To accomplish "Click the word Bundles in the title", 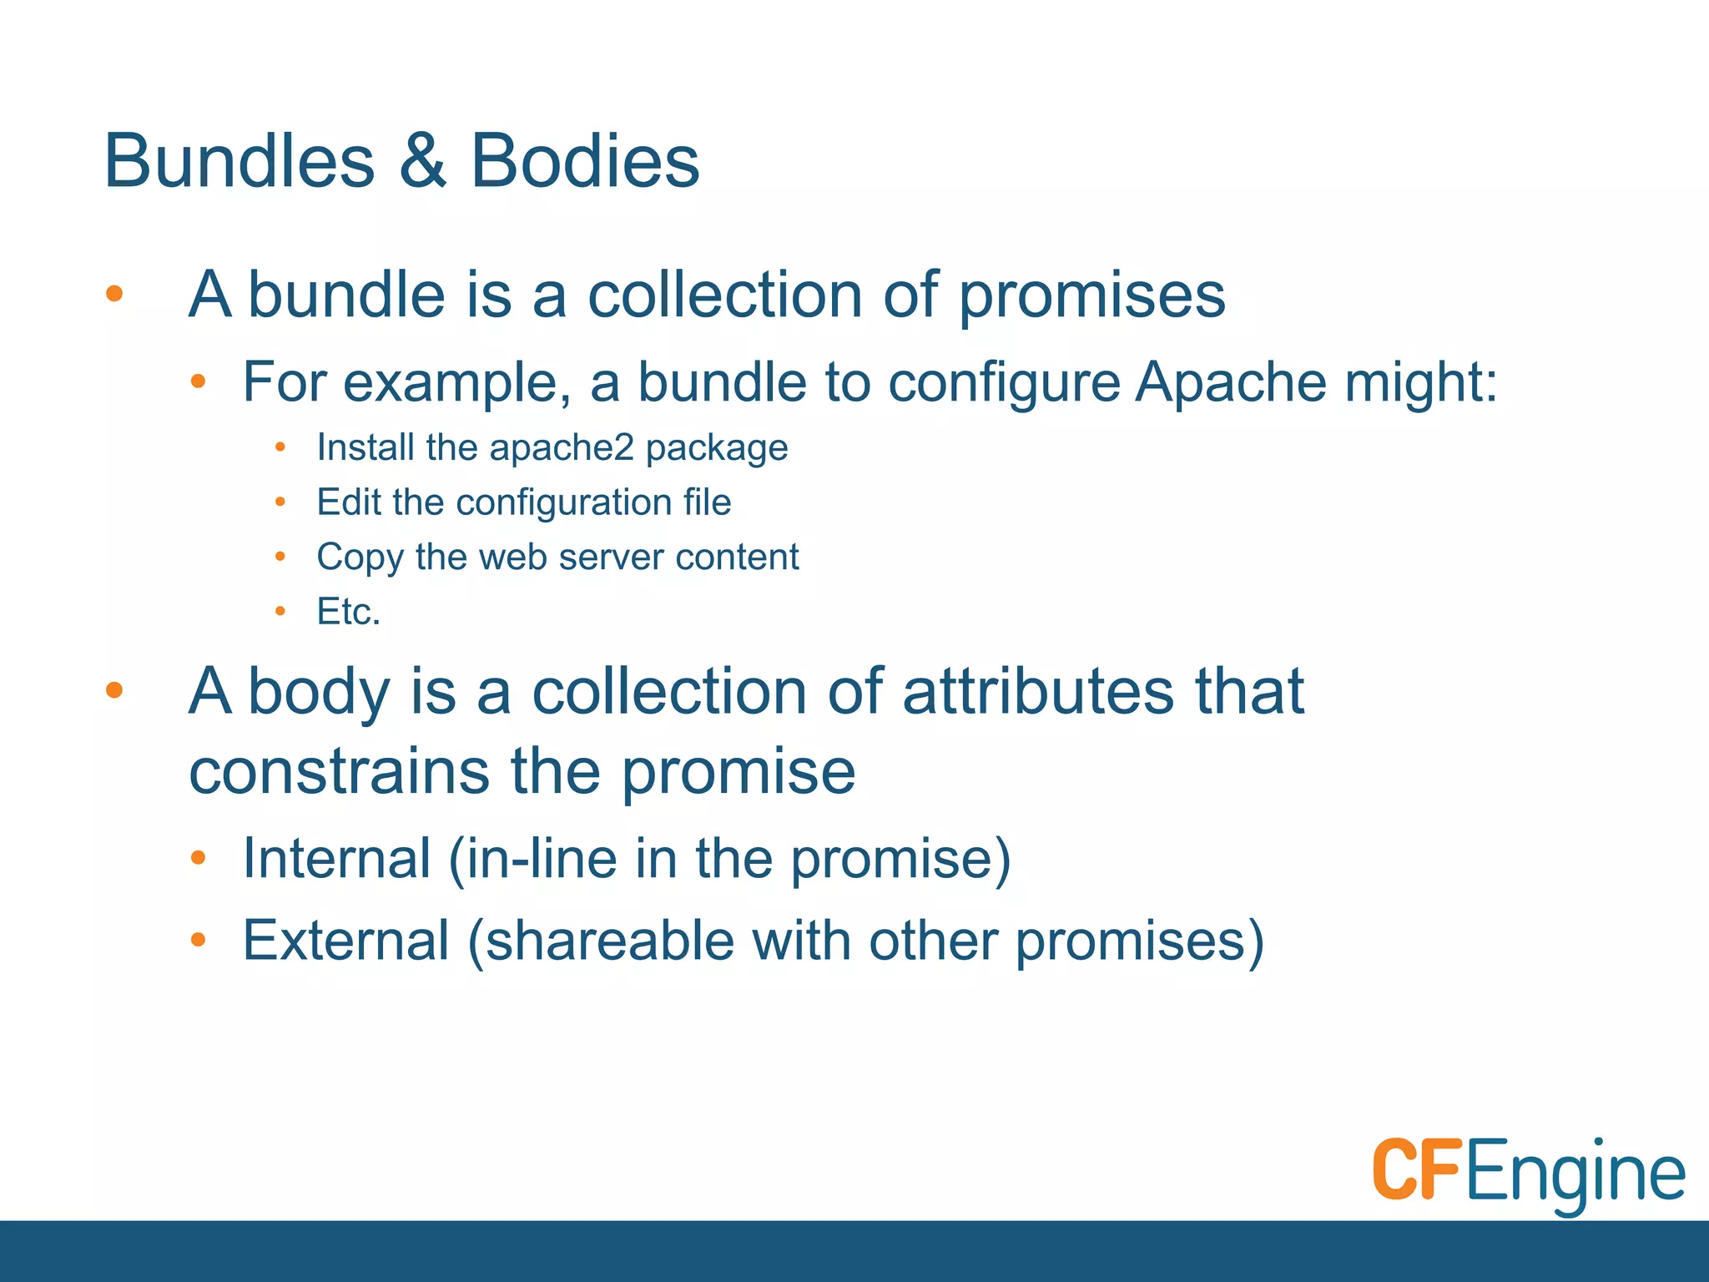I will pos(239,161).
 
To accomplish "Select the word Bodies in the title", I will pos(585,161).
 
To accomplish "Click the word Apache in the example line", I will pos(1231,382).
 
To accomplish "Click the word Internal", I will pos(335,858).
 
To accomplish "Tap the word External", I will pos(345,941).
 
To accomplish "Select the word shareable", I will pos(608,941).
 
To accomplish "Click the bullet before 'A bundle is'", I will pos(115,293).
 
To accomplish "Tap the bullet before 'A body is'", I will pos(115,689).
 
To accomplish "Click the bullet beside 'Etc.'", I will pos(280,612).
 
